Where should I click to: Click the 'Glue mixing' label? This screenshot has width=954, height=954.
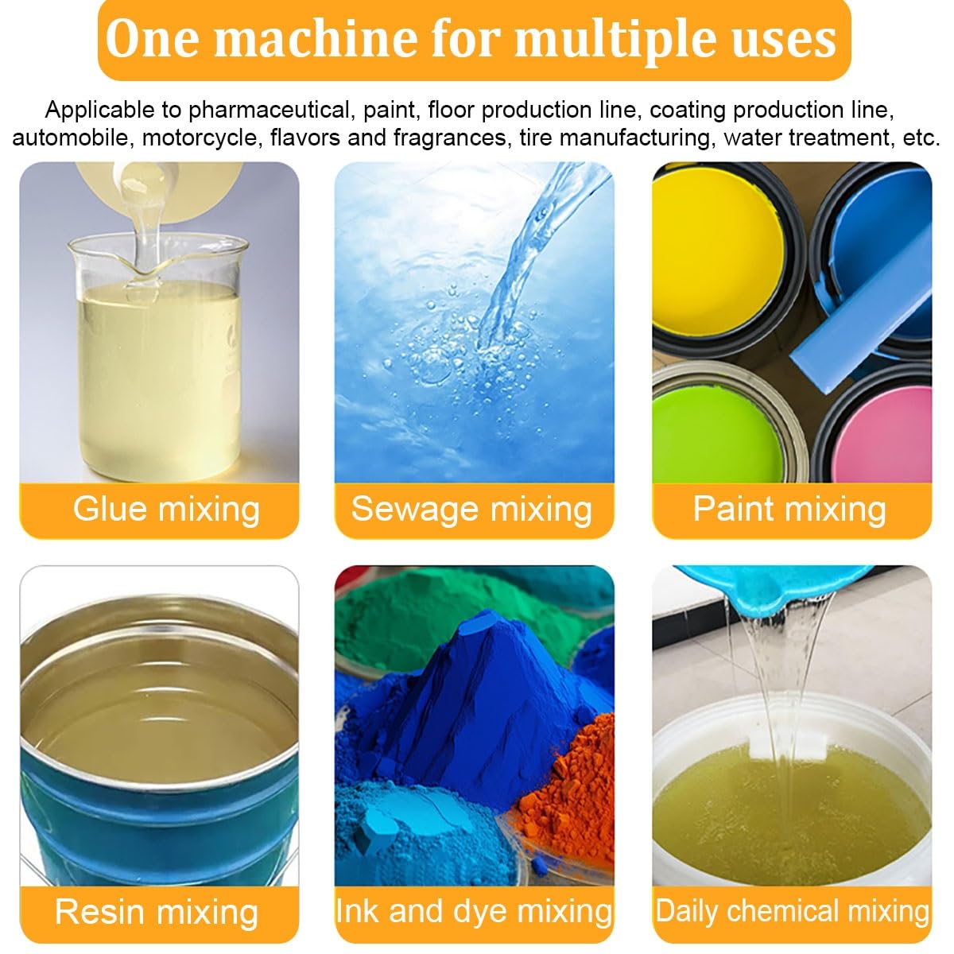click(166, 509)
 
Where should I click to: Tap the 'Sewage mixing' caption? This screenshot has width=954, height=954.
click(471, 509)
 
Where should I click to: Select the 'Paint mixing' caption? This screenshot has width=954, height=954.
click(789, 509)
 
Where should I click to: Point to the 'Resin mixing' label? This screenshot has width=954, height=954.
click(157, 912)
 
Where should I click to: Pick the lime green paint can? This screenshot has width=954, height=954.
click(715, 433)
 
